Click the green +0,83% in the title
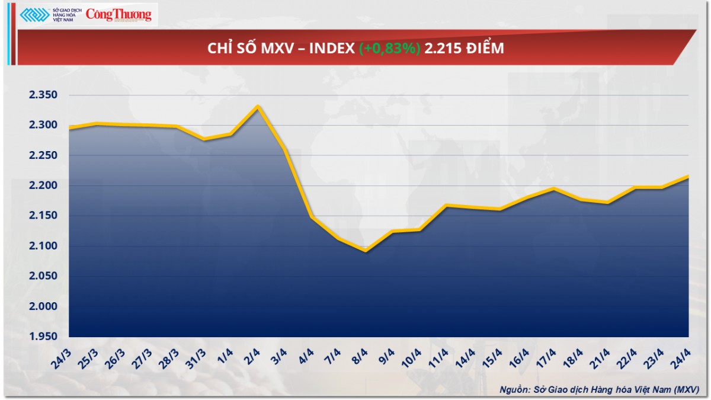(390, 49)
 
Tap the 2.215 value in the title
(444, 49)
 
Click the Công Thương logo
(118, 15)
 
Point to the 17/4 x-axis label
(544, 357)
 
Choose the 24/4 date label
(680, 357)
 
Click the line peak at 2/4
(258, 106)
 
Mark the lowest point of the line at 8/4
(366, 251)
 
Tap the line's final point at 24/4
(688, 176)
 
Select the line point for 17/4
(553, 188)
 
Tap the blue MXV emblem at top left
(35, 15)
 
